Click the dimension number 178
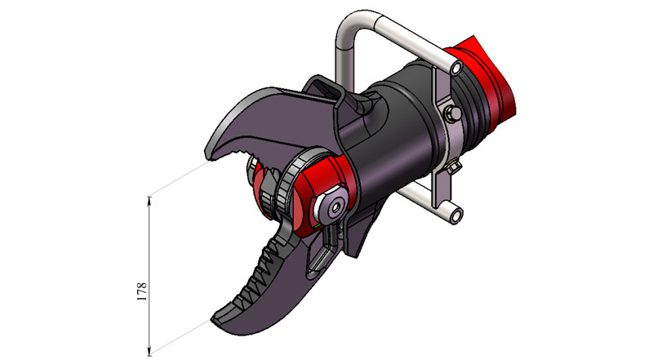pyautogui.click(x=142, y=291)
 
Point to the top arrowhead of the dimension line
pyautogui.click(x=149, y=200)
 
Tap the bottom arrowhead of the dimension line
pyautogui.click(x=149, y=350)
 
